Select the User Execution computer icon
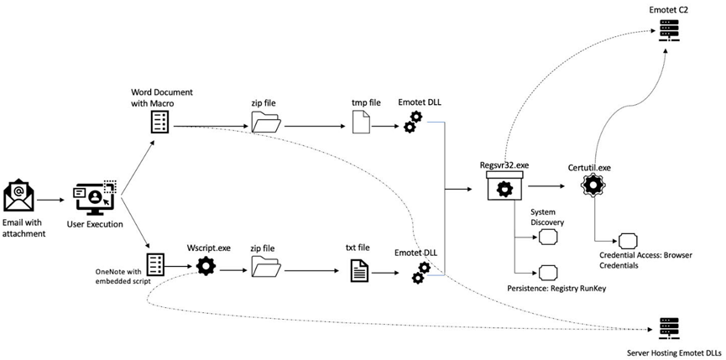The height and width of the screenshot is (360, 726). tap(96, 197)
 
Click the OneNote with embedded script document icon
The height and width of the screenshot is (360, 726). tap(154, 266)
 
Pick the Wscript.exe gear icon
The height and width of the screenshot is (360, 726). tap(206, 267)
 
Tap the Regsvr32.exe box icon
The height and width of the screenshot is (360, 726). tap(504, 185)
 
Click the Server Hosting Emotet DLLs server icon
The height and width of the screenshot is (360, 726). tap(667, 329)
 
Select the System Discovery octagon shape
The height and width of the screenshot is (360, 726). tap(549, 237)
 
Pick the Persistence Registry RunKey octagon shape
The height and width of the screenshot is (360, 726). tap(548, 272)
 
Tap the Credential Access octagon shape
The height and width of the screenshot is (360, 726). tap(628, 241)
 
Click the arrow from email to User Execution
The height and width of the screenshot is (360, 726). tap(51, 201)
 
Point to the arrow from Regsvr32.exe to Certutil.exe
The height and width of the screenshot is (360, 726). tap(546, 186)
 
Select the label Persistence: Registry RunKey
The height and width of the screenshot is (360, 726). tap(556, 289)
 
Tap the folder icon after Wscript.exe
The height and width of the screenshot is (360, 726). tap(266, 269)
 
